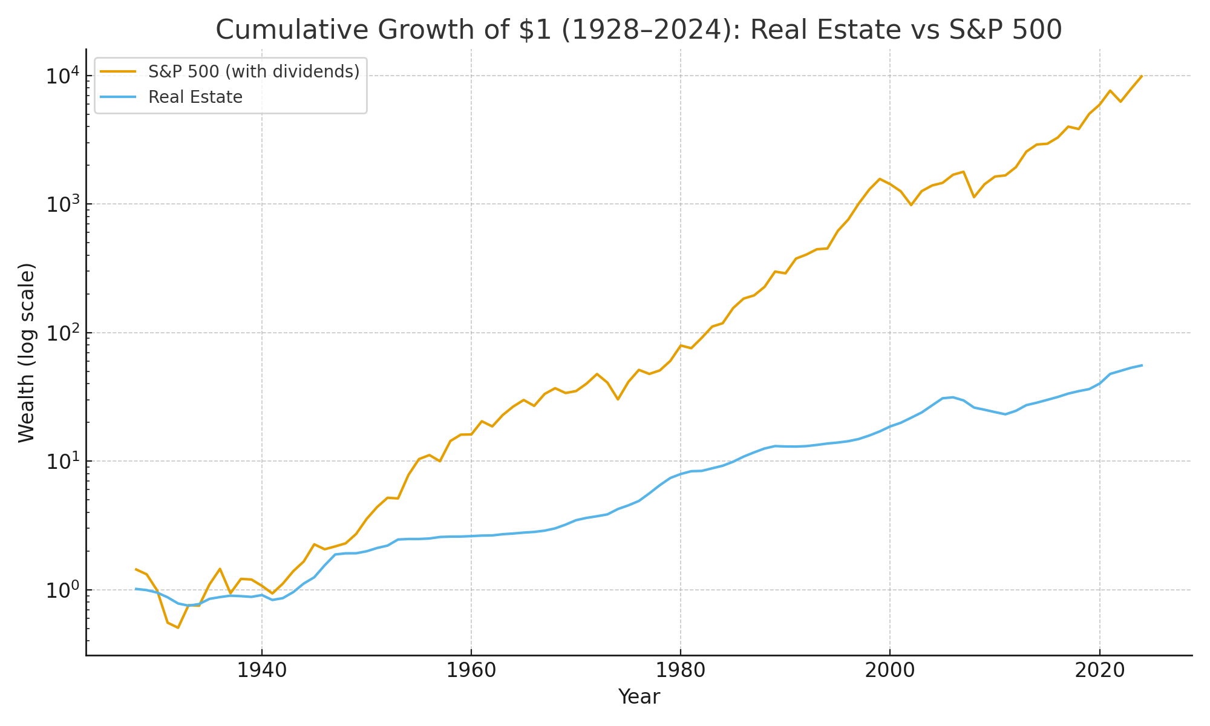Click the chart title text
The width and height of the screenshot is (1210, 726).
[x=638, y=30]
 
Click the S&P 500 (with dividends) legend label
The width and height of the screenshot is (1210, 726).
[x=253, y=71]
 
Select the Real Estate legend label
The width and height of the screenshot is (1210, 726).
[x=195, y=97]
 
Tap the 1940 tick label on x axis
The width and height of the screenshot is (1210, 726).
[x=261, y=671]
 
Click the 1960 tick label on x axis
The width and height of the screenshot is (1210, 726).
[x=471, y=671]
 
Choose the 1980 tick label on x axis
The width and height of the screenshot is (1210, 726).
[x=681, y=671]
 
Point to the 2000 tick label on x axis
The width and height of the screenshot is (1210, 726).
[x=890, y=671]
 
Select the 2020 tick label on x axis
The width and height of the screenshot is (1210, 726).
[x=1099, y=671]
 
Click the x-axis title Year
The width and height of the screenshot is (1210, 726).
[x=638, y=697]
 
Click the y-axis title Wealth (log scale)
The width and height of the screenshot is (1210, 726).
[x=27, y=352]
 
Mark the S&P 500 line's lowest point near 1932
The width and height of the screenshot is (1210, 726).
[x=178, y=627]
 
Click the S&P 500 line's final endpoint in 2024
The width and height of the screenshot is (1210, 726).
[x=1141, y=76]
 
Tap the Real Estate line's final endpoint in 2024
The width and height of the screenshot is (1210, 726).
[x=1141, y=365]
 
